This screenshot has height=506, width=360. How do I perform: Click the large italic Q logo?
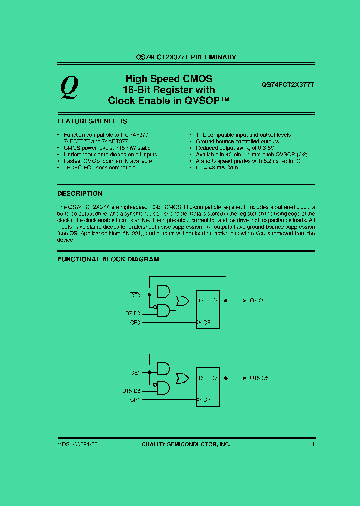click(x=69, y=88)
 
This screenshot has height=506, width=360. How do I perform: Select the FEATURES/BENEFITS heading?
click(x=92, y=121)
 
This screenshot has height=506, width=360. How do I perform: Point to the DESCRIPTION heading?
click(x=80, y=194)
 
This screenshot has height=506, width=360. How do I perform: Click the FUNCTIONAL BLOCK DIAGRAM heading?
click(x=108, y=259)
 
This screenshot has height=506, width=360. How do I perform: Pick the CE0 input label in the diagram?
click(x=136, y=295)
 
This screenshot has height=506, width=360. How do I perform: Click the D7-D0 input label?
click(x=133, y=314)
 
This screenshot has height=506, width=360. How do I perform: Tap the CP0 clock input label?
click(x=135, y=323)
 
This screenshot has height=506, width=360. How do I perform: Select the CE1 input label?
click(x=136, y=372)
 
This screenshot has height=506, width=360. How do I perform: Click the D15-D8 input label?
click(x=132, y=391)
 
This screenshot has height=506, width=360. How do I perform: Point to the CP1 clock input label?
click(x=135, y=400)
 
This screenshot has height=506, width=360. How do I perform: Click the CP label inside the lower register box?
click(x=208, y=400)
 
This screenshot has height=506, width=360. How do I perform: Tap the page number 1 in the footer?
click(x=313, y=444)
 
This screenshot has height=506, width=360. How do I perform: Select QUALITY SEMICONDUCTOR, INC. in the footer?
click(x=186, y=444)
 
